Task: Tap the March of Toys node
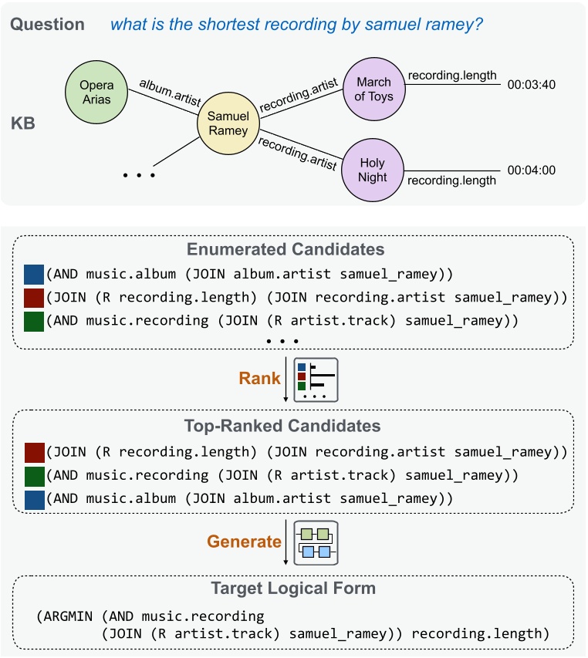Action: point(374,89)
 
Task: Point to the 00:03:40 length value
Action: point(532,88)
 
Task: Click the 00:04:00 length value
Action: point(532,170)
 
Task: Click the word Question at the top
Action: point(47,24)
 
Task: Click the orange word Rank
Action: point(260,379)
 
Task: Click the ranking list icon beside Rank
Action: point(317,379)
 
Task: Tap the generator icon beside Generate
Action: point(317,542)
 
